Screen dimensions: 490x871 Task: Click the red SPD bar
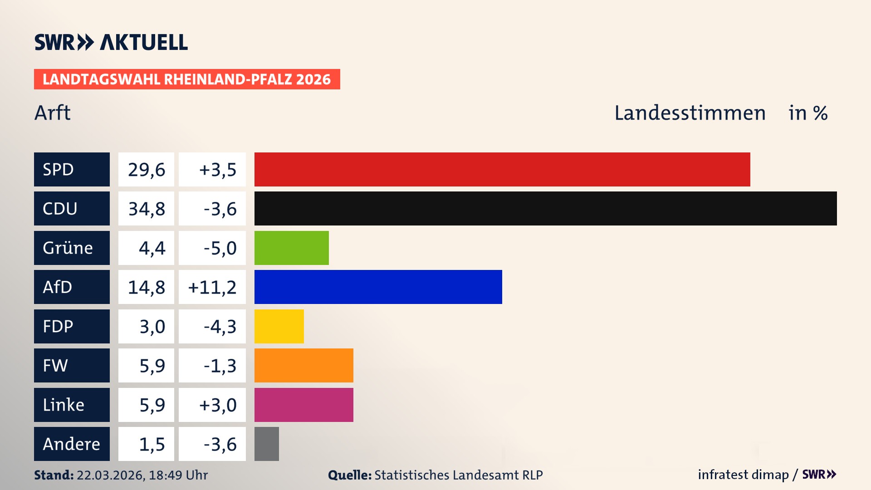502,169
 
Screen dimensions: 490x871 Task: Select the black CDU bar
545,208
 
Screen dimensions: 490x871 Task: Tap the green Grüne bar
291,248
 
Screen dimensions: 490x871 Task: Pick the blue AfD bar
378,287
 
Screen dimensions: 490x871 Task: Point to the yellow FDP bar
279,326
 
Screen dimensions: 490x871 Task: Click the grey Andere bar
267,444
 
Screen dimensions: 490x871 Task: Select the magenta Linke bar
303,405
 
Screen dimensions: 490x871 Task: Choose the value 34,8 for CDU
146,209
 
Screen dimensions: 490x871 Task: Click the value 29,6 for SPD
146,169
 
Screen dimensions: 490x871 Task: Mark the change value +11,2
212,287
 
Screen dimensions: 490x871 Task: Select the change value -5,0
220,248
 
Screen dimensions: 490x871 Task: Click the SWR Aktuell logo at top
111,42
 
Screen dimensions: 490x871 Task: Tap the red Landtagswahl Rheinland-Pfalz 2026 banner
186,79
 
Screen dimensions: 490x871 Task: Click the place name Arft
53,113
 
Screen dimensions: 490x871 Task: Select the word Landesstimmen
690,113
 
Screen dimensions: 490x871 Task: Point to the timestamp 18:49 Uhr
178,475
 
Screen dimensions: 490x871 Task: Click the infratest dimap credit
743,475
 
